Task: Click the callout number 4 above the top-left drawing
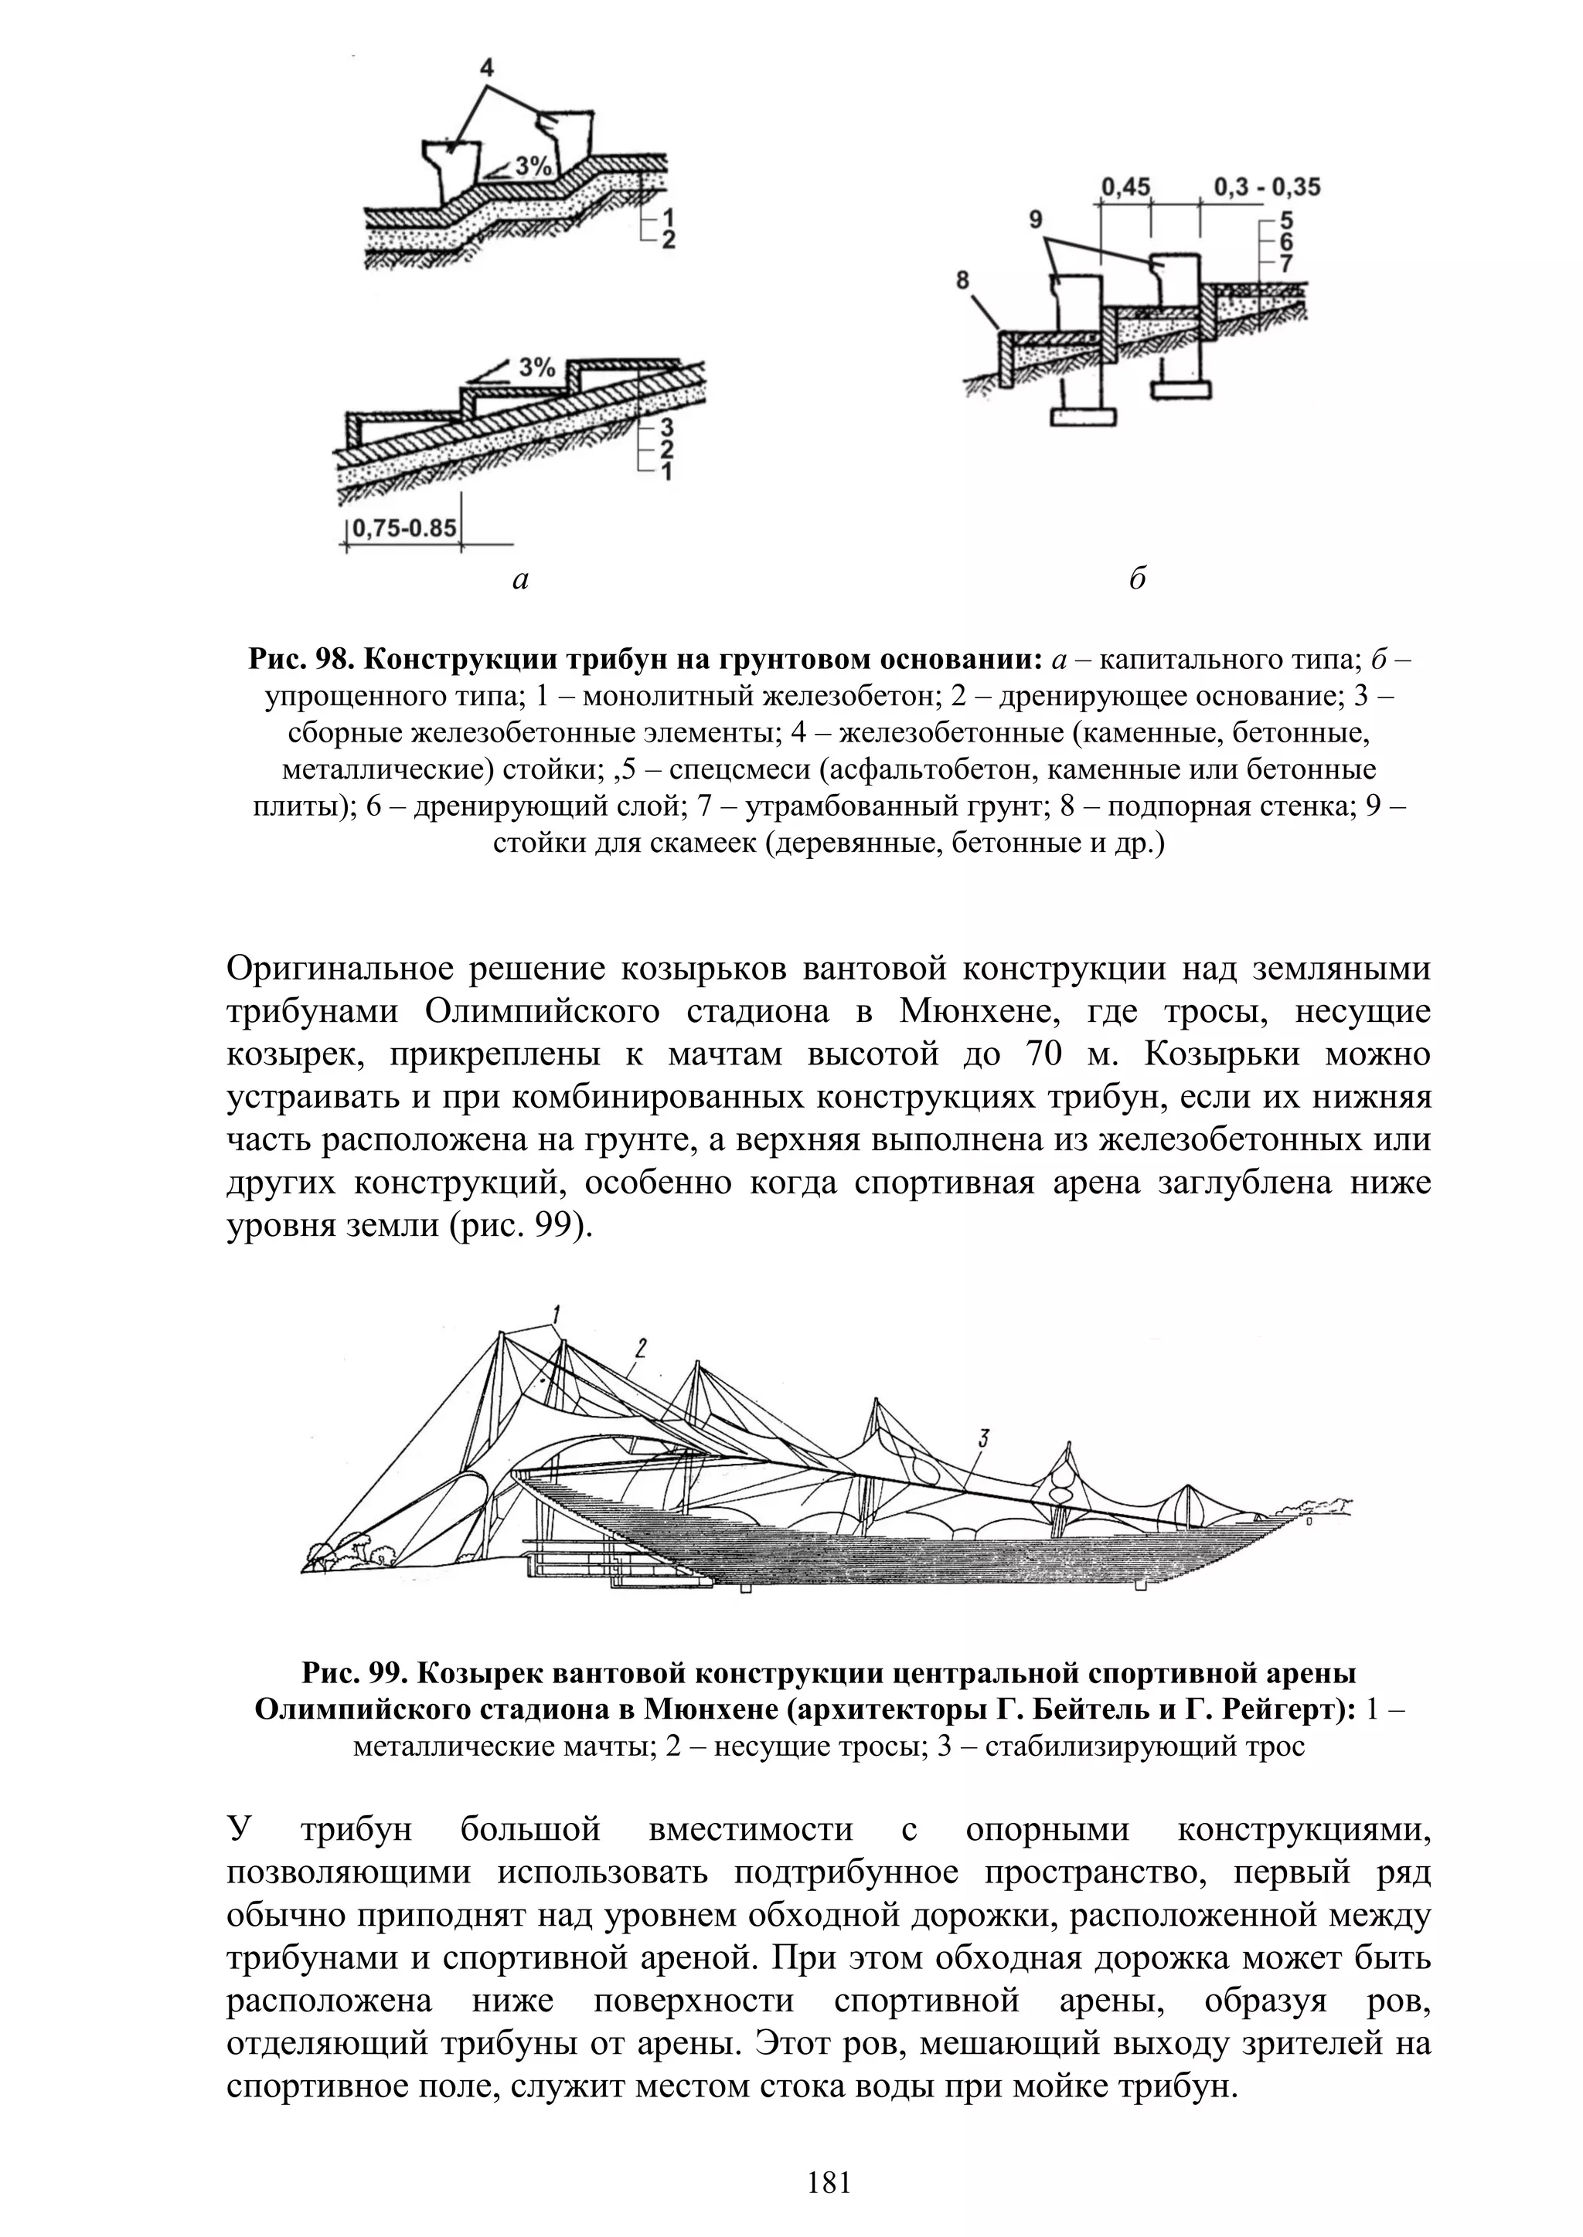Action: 486,67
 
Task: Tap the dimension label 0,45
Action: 1126,186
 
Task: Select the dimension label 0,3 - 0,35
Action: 1267,186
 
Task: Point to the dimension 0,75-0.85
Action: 403,528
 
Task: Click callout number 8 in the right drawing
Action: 963,280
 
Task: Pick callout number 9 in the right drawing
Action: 1035,221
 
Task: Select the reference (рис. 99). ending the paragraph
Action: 522,1226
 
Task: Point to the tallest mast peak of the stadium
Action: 500,1332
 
